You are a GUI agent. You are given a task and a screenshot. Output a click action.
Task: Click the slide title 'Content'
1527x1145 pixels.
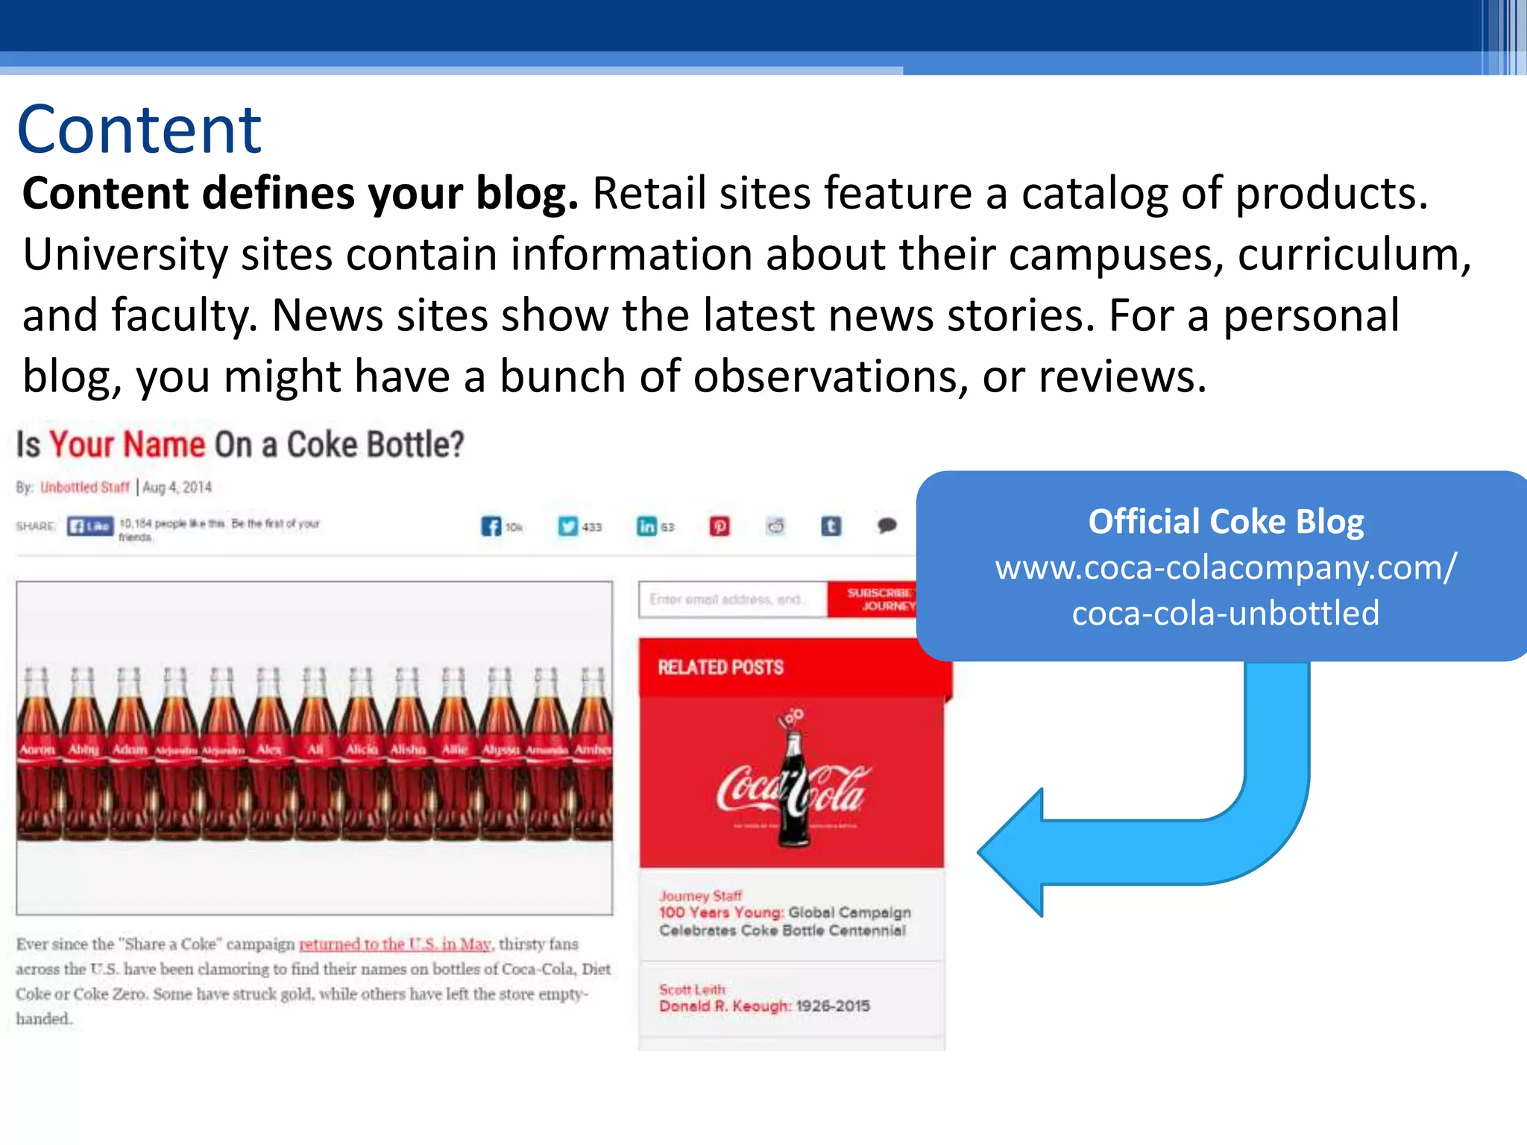(139, 130)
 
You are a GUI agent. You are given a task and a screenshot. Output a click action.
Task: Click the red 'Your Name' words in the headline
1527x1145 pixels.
(127, 445)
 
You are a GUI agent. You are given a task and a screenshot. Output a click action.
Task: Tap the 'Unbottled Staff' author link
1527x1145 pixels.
(84, 488)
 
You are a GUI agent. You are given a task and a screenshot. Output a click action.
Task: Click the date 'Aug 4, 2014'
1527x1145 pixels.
(177, 488)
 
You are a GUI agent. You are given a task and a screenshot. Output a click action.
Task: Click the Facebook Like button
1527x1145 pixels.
(90, 526)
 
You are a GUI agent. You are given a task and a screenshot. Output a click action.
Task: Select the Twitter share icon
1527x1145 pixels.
(568, 526)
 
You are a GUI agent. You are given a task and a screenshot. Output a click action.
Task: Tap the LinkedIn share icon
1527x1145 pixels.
(646, 526)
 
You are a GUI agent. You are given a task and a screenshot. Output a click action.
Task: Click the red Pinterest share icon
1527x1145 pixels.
(720, 526)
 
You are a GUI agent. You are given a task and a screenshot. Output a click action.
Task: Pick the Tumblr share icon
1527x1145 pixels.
(831, 526)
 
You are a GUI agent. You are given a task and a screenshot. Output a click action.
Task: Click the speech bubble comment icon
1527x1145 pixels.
(887, 526)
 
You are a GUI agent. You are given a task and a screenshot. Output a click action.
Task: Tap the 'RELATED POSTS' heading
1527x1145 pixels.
(720, 667)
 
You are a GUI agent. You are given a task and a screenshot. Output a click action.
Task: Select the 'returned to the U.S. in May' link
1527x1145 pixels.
(394, 944)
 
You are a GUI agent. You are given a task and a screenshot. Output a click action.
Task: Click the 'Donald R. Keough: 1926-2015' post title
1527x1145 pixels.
(764, 1006)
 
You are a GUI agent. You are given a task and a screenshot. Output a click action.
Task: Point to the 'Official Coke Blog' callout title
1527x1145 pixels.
(1226, 522)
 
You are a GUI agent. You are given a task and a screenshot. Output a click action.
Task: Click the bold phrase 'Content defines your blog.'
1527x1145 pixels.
(300, 194)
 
